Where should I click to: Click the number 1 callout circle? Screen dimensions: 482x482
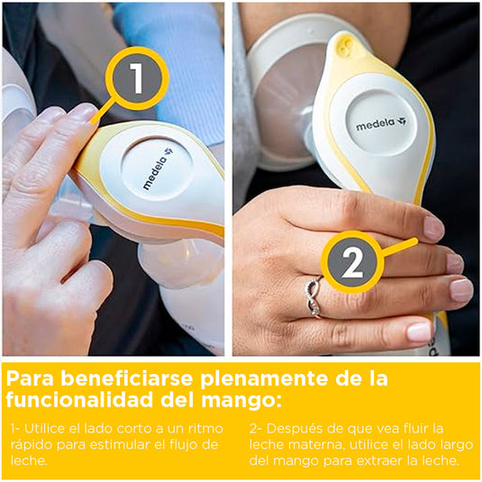coord(136,78)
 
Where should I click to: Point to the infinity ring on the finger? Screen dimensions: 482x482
coord(313,296)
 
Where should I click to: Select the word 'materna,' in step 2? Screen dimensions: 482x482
coord(318,443)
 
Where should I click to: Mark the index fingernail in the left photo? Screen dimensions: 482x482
coord(82,113)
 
